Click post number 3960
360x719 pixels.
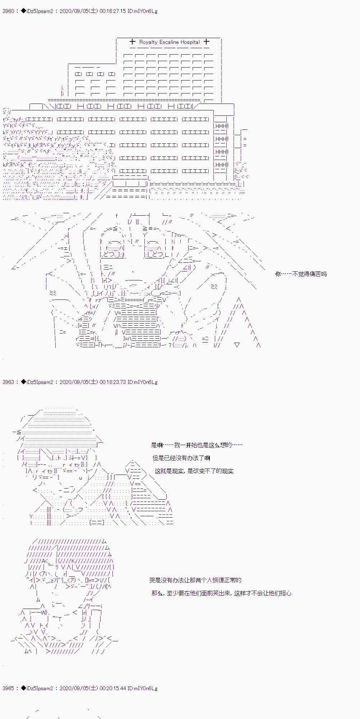tap(8, 11)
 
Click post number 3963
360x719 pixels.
tap(8, 382)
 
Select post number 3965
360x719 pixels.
tap(8, 688)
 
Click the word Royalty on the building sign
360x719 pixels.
tap(148, 42)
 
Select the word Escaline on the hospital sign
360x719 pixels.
tap(169, 42)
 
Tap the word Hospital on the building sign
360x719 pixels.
tap(190, 42)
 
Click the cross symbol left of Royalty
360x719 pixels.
tap(132, 42)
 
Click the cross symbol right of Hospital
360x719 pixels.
tap(206, 42)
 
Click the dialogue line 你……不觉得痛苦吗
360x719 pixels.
tap(301, 274)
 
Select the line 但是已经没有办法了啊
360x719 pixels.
tap(181, 458)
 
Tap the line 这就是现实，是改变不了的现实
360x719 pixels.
tap(194, 471)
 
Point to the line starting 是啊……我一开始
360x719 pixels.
tap(197, 445)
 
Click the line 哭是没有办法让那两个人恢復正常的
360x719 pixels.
tap(195, 580)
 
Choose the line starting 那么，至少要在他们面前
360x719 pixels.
tap(221, 593)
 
